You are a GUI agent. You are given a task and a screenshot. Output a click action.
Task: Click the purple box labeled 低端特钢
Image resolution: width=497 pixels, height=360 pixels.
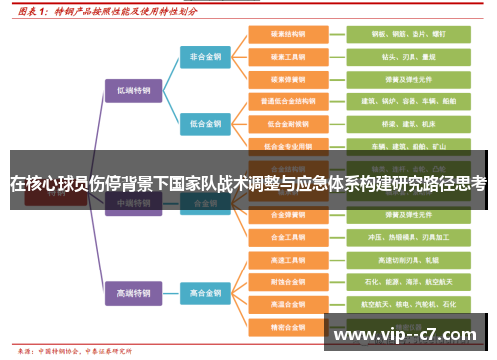coord(132,90)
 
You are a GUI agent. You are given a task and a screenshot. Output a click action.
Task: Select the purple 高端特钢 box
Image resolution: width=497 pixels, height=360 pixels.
coord(132,293)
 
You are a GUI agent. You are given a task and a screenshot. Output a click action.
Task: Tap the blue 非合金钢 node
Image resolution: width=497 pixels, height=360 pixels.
coord(206,58)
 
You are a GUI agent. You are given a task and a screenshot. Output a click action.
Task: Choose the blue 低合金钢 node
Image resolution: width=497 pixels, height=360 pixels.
coord(206,123)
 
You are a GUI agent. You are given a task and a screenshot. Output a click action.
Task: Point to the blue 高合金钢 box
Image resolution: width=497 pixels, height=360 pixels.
coord(206,293)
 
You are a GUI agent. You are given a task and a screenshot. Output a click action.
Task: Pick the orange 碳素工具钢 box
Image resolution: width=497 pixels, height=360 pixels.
coord(286,56)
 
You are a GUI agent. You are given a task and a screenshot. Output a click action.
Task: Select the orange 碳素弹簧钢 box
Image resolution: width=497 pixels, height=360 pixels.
coord(286,78)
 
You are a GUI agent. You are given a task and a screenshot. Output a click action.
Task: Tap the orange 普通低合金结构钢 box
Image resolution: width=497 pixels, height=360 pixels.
coord(286,100)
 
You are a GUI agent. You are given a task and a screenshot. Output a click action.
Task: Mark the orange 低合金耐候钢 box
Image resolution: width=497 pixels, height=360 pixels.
coord(286,123)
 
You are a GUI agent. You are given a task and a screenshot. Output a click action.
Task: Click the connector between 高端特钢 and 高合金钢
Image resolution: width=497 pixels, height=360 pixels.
coord(169,293)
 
